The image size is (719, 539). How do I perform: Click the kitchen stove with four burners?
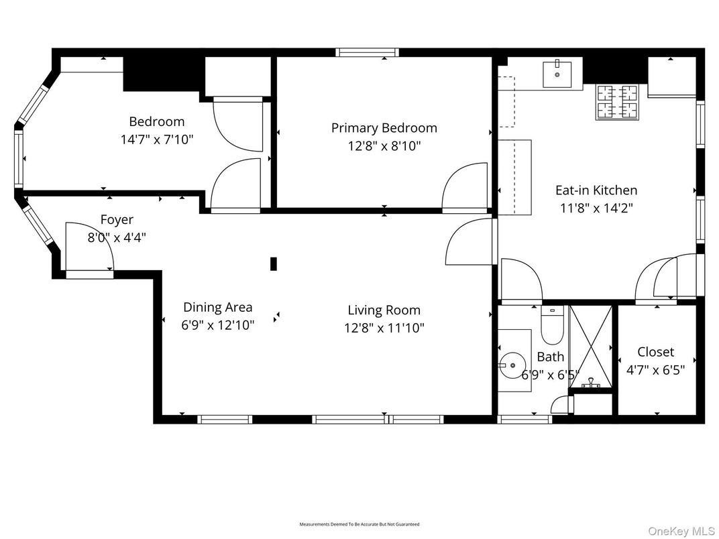[616, 102]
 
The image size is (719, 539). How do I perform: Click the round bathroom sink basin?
[513, 365]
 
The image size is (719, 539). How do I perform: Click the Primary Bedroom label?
[384, 128]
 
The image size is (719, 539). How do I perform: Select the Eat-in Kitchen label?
[596, 190]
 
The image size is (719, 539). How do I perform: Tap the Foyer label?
[117, 220]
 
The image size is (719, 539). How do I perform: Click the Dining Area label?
[217, 308]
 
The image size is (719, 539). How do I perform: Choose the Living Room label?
[384, 310]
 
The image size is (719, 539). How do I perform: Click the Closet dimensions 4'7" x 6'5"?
[655, 369]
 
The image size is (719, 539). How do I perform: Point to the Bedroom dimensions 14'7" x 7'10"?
[156, 139]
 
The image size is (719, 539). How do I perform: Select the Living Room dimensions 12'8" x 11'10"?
[384, 328]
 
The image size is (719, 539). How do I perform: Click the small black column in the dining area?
[274, 263]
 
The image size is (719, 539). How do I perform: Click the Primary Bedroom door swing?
[465, 186]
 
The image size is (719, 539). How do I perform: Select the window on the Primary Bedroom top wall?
[366, 52]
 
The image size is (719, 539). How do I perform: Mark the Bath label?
[550, 357]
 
